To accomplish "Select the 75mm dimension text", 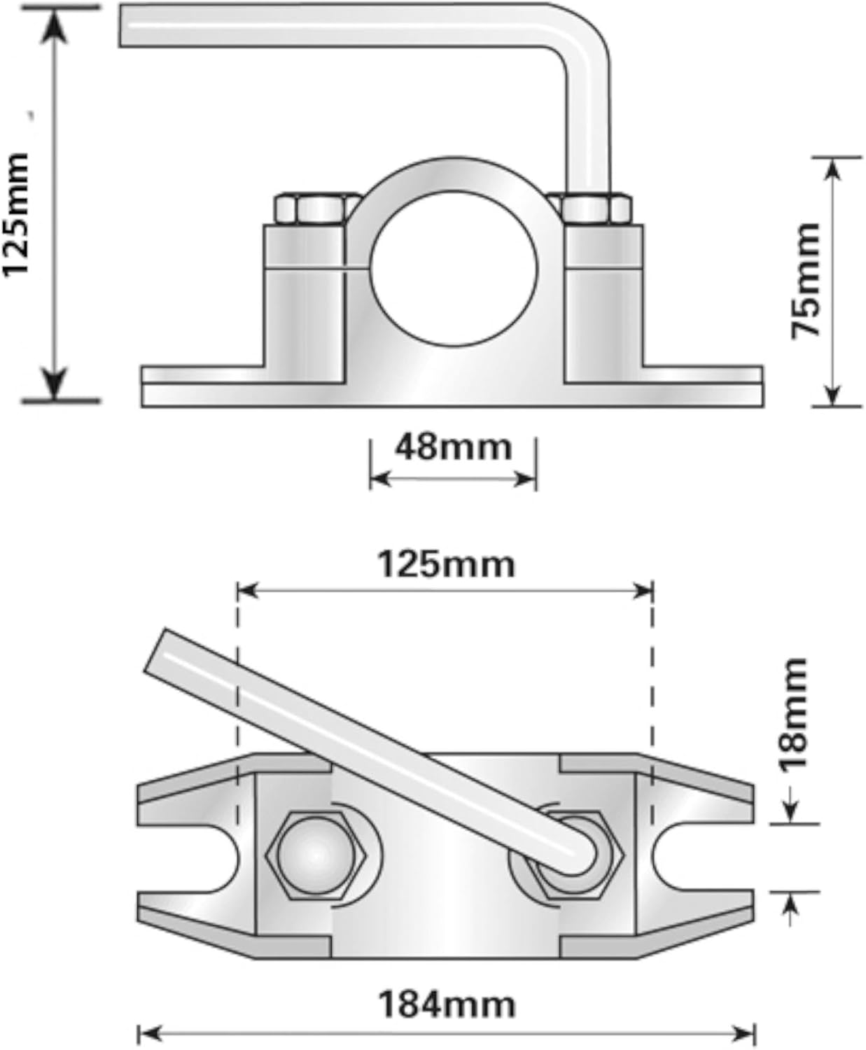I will [806, 280].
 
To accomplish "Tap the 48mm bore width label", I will [453, 447].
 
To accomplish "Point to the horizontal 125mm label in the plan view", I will [446, 564].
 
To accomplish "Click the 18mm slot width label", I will [795, 714].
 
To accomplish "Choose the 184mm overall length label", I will [447, 1004].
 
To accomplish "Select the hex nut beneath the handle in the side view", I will [592, 209].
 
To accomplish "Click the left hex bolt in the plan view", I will [316, 855].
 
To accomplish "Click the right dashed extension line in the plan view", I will [652, 700].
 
